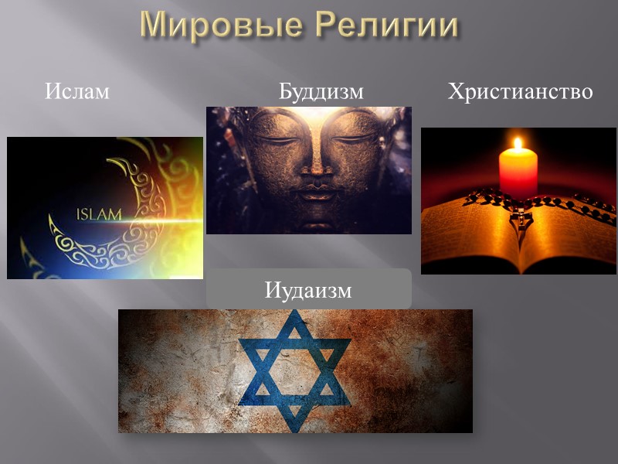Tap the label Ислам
(77, 92)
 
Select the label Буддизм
(321, 92)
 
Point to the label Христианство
(520, 92)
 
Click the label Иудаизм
(308, 291)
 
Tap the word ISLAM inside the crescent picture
(99, 214)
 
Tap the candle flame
(518, 145)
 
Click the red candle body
(518, 172)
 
